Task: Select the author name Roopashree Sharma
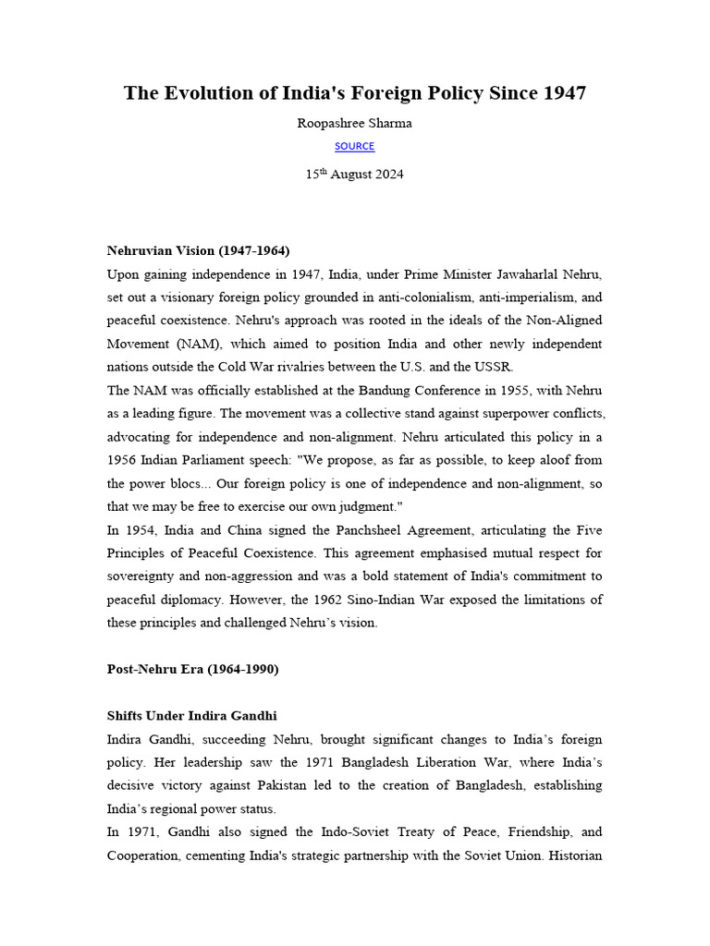tap(355, 123)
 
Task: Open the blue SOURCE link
tap(355, 146)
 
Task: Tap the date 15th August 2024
tap(355, 174)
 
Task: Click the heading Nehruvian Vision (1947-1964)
tap(198, 250)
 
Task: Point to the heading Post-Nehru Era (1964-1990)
tap(192, 670)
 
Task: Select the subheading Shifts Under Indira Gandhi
tap(192, 716)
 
